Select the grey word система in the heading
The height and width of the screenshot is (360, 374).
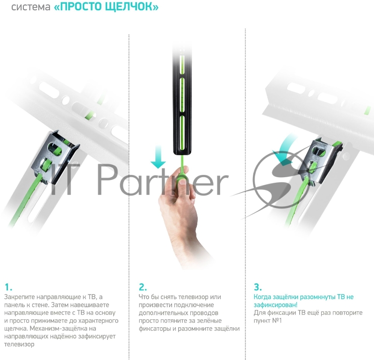pos(31,7)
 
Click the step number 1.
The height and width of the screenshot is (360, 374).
pos(8,287)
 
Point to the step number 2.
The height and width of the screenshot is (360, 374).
pos(143,287)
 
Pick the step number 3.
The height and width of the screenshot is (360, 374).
pos(258,287)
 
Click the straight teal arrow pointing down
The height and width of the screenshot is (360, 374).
pos(158,157)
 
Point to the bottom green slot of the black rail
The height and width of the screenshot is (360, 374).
pos(182,133)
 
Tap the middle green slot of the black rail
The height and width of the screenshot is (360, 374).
pos(182,95)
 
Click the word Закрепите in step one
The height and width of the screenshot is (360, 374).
pos(19,297)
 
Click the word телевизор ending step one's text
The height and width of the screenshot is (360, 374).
pos(19,345)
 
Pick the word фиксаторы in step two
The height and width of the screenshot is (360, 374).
pos(155,329)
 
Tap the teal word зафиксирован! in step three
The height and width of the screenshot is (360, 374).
pos(275,305)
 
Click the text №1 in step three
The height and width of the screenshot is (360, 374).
pos(277,320)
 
